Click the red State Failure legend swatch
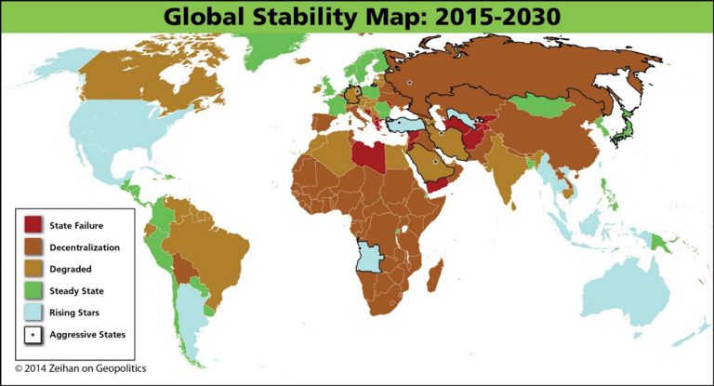[33, 224]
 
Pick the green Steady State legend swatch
[33, 290]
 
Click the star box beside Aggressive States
[33, 333]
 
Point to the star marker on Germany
[352, 93]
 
